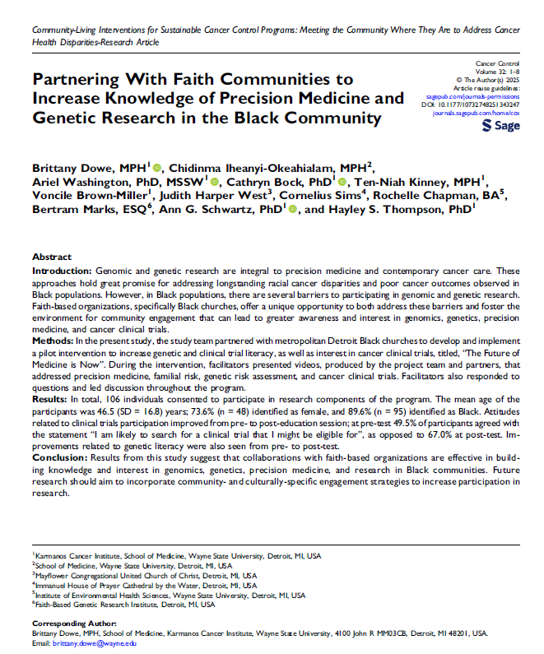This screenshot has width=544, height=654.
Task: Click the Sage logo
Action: (x=500, y=126)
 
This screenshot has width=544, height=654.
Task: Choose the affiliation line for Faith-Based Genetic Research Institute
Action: (x=123, y=604)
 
